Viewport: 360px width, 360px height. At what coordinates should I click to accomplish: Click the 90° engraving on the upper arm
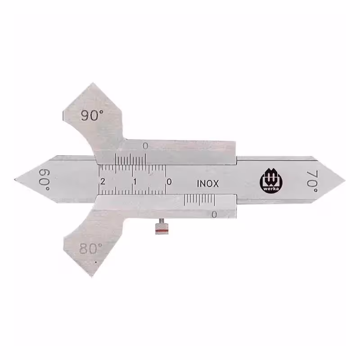(x=92, y=115)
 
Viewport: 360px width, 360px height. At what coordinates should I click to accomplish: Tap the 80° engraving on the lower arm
(x=91, y=248)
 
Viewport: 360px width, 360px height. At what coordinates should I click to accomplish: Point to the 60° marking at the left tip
(x=44, y=180)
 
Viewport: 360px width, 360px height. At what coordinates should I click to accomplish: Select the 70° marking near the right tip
(x=312, y=181)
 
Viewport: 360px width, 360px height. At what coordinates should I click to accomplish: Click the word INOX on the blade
(x=208, y=184)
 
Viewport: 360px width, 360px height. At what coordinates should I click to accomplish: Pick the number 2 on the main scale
(x=103, y=182)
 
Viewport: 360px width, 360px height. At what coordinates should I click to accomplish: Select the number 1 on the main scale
(x=135, y=182)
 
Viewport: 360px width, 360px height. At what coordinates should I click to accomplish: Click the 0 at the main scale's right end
(x=169, y=182)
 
